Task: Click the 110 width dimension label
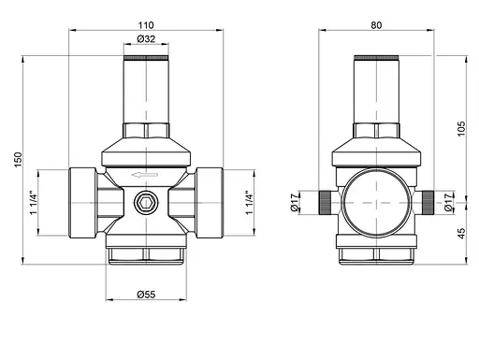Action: click(146, 25)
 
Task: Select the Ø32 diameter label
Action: click(146, 39)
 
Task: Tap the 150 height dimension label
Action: click(18, 160)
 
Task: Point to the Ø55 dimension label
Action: click(146, 295)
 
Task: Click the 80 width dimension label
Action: click(376, 25)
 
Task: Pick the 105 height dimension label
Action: click(461, 128)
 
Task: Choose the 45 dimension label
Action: click(461, 233)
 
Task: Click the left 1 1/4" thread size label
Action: click(34, 203)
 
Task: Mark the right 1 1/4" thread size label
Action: click(249, 203)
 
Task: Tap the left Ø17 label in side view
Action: click(295, 203)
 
